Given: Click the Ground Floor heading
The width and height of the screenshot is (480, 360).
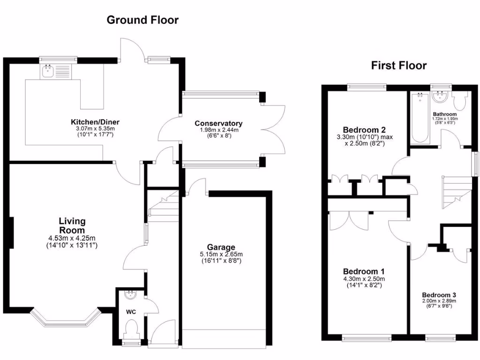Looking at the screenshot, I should click(x=142, y=20).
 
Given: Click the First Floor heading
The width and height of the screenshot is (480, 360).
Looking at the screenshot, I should click(x=399, y=65).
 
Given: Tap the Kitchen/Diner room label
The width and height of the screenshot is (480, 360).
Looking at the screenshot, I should click(x=92, y=123).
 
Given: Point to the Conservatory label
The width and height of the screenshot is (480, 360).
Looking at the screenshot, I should click(x=218, y=123).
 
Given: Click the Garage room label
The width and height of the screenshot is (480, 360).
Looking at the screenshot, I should click(x=221, y=247).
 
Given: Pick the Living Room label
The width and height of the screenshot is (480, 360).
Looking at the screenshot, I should click(x=72, y=225).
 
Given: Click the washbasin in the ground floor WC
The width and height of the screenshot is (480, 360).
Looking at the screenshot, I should click(x=130, y=295).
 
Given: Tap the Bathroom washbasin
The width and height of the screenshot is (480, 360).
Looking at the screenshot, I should click(x=441, y=97).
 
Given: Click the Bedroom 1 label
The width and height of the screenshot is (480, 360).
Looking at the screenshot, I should click(x=364, y=271).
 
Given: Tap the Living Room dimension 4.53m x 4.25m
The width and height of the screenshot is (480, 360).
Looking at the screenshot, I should click(x=72, y=238).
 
